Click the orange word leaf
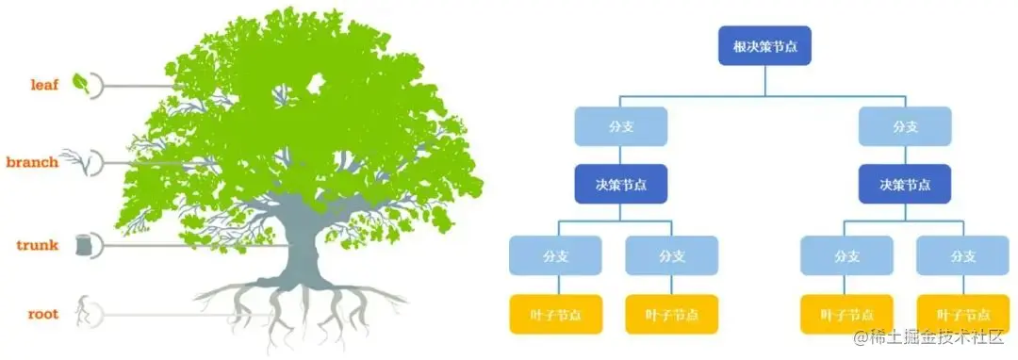pos(43,85)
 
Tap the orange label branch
pos(32,162)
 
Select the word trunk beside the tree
pos(38,245)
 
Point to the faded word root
pos(42,314)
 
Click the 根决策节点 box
pos(764,45)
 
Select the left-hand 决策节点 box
pos(620,184)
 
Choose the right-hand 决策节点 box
pos(905,184)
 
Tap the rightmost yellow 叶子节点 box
pos(962,315)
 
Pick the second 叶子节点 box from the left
pos(672,315)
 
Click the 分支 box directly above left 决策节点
pos(620,126)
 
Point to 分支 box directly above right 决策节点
pos(905,126)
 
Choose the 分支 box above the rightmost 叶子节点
pos(962,255)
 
